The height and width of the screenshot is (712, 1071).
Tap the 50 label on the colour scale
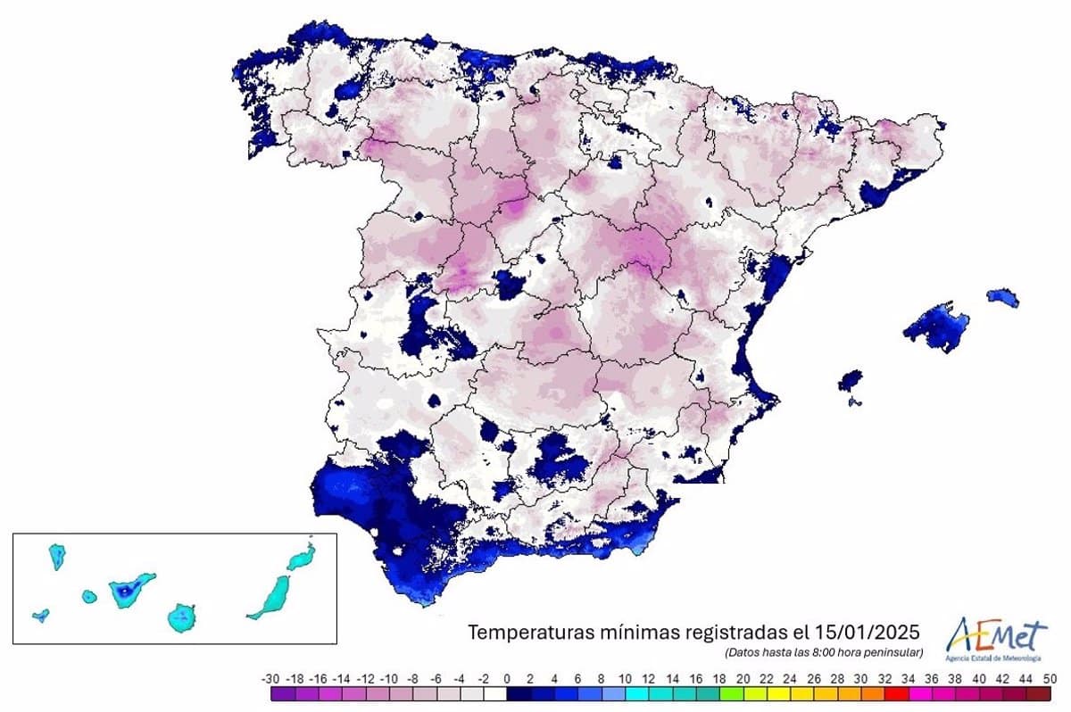click(1050, 678)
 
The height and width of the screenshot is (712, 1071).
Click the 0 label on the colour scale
click(507, 678)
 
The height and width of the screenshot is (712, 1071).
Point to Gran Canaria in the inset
click(182, 617)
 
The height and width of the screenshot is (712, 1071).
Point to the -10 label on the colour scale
click(388, 678)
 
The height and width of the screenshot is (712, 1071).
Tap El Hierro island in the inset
click(40, 615)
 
